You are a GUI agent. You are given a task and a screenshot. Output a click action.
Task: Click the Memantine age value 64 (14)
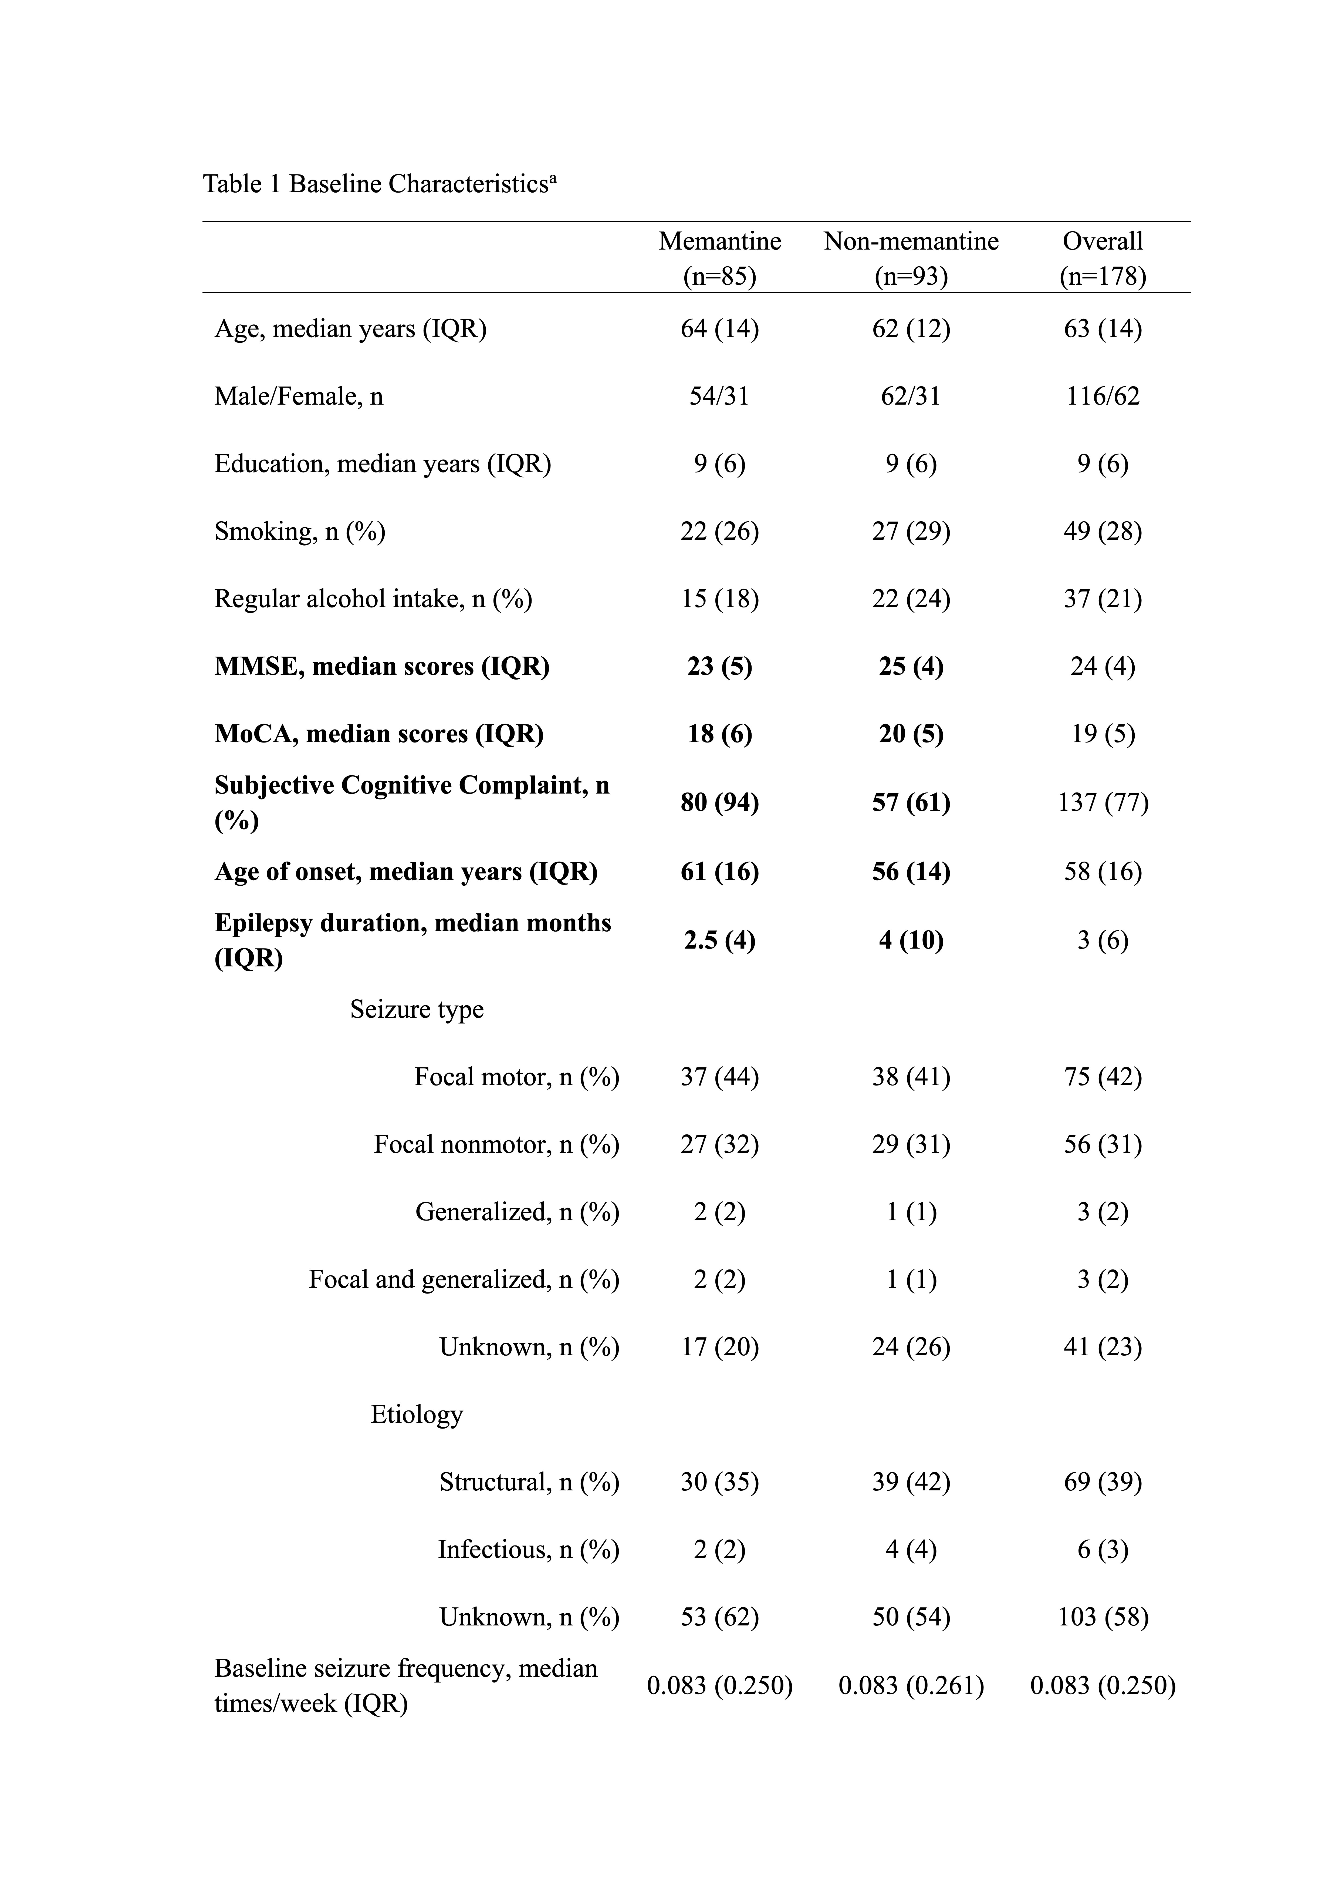click(x=719, y=329)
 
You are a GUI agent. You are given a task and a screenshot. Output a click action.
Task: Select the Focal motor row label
click(x=516, y=1077)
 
